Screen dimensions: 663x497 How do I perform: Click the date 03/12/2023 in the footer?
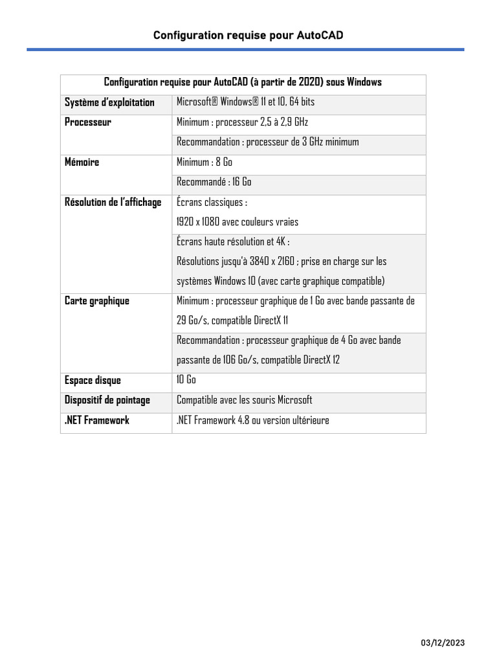click(443, 643)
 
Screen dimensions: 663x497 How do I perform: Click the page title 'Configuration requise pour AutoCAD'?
click(248, 35)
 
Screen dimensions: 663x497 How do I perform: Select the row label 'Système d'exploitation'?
click(109, 102)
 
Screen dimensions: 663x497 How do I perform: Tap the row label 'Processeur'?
click(88, 122)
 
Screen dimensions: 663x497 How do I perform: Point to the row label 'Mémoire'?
click(82, 163)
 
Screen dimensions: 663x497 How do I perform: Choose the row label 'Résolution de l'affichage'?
click(113, 203)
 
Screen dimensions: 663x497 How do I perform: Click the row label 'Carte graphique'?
click(97, 301)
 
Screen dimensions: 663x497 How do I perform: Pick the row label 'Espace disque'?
click(93, 380)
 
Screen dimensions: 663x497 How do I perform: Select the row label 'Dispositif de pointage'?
click(107, 400)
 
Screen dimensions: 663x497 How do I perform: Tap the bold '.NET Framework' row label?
click(97, 420)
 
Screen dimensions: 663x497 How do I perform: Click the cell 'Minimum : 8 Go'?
click(204, 162)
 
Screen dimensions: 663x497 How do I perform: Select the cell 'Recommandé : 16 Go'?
click(214, 182)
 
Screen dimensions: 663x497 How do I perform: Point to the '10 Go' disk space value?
click(186, 379)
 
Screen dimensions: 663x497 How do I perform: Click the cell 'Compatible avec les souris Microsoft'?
click(245, 400)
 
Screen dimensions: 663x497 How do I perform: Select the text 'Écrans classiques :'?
click(212, 203)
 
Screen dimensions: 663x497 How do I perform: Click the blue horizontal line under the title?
click(245, 49)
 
